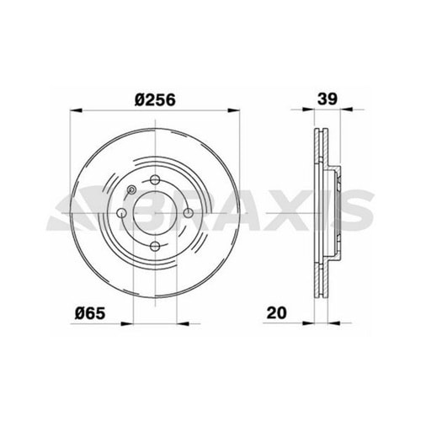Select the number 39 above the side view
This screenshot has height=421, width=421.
click(328, 98)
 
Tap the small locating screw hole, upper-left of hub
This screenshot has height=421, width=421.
click(133, 190)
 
